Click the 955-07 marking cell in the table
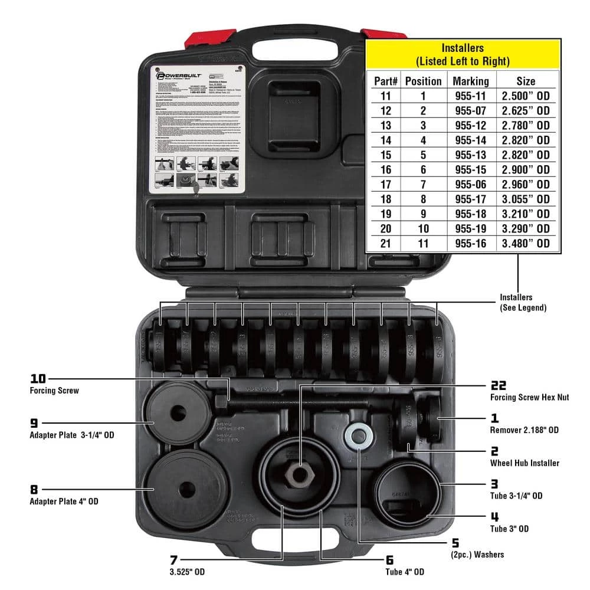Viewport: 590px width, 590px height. point(470,110)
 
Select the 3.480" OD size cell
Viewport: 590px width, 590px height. point(526,243)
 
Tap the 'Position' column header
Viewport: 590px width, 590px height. point(423,81)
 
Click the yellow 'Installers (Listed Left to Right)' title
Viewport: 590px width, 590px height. point(463,54)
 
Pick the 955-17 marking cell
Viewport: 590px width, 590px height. point(470,199)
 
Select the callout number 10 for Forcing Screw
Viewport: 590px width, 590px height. point(38,379)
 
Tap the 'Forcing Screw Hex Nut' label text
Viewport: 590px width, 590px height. point(530,398)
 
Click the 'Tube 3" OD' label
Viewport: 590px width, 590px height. point(509,529)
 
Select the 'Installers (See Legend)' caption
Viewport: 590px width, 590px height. point(523,302)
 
